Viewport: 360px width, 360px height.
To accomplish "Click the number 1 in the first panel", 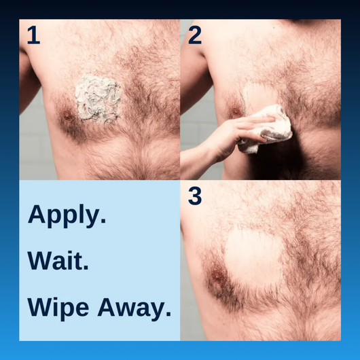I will click(33, 35).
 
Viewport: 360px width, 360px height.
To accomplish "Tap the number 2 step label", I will click(195, 35).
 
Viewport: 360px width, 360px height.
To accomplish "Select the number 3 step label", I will click(195, 196).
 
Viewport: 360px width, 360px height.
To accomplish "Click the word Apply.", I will click(67, 217).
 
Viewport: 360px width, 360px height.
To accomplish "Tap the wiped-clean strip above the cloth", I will click(258, 95).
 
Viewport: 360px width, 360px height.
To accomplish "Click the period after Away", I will click(168, 315).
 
